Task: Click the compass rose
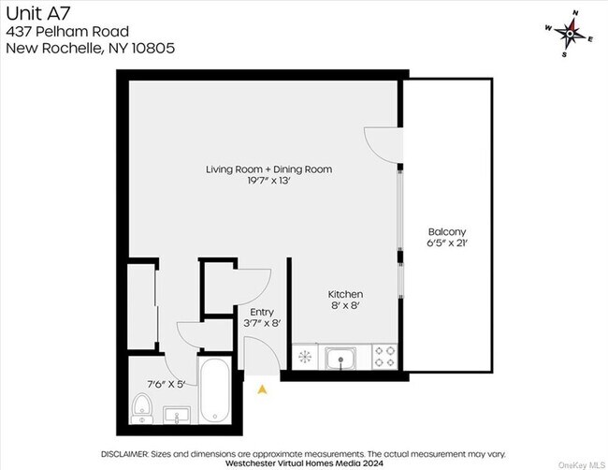(570, 34)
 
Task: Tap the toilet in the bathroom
(142, 406)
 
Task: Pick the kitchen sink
(340, 357)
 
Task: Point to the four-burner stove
(384, 356)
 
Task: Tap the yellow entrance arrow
(262, 386)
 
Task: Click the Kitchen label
(345, 294)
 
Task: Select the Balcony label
(447, 231)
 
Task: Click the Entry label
(261, 312)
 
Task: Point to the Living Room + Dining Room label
(268, 169)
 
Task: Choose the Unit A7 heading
(30, 13)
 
